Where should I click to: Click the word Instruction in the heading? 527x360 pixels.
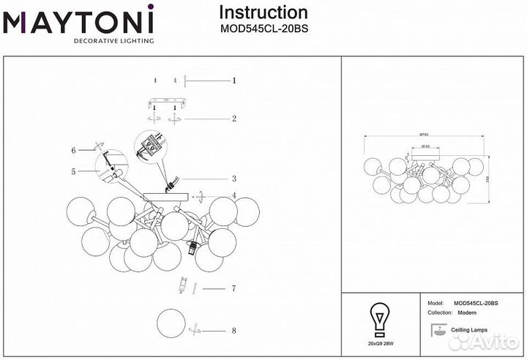pyautogui.click(x=263, y=12)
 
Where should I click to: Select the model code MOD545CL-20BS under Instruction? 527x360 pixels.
pyautogui.click(x=263, y=30)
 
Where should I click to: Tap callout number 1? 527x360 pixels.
pyautogui.click(x=233, y=80)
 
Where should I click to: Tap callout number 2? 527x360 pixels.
pyautogui.click(x=233, y=119)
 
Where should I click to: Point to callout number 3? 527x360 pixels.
pyautogui.click(x=233, y=179)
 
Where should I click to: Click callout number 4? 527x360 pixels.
pyautogui.click(x=233, y=196)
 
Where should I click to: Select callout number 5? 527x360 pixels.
pyautogui.click(x=74, y=173)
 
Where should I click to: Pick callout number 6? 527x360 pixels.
pyautogui.click(x=74, y=151)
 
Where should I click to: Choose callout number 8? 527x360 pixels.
pyautogui.click(x=233, y=331)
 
